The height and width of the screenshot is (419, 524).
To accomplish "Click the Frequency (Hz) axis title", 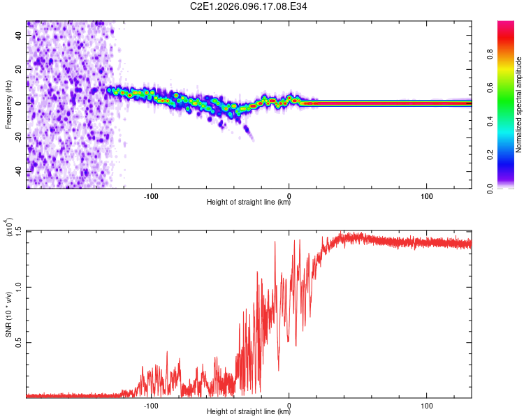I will tap(8, 105).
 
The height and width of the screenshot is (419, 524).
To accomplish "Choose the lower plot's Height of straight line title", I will tap(249, 411).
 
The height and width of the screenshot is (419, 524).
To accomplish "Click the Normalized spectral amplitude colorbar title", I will tap(518, 105).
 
